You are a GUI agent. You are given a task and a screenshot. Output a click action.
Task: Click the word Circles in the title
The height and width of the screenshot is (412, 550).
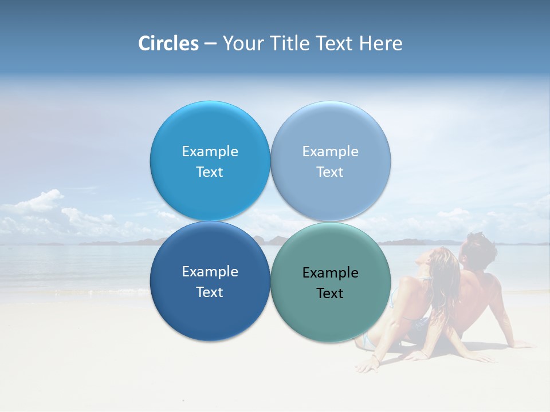coord(168,43)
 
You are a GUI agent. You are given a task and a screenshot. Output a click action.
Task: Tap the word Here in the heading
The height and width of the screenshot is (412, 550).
coord(380,43)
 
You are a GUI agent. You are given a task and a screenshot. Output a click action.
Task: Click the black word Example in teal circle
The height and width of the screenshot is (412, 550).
coord(330,273)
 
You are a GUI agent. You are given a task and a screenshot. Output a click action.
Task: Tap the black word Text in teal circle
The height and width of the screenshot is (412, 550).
coord(330,294)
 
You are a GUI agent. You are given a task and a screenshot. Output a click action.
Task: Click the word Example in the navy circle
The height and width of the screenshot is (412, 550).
coord(210,272)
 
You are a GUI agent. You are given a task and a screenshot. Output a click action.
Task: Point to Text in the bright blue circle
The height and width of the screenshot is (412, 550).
coord(210,172)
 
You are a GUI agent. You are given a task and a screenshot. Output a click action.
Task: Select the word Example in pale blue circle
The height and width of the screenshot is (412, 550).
coord(330,152)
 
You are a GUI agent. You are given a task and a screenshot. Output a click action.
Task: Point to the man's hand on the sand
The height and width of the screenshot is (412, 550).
coord(518,344)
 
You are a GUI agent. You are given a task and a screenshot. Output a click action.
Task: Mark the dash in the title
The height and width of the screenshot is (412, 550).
coord(210,43)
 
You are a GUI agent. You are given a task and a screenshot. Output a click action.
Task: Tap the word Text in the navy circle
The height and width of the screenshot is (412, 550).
coord(210,292)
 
